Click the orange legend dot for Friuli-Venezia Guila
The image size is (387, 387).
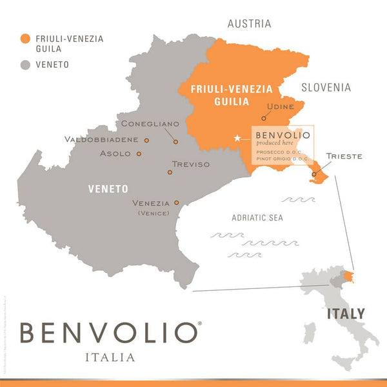click(x=25, y=38)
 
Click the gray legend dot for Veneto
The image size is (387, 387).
click(x=25, y=64)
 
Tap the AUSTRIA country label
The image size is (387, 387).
click(x=249, y=24)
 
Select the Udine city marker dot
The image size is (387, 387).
click(x=264, y=118)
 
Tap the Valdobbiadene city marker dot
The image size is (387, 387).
click(x=146, y=139)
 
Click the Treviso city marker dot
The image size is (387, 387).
click(x=170, y=172)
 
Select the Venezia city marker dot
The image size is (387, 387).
click(x=176, y=202)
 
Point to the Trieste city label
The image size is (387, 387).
click(x=344, y=156)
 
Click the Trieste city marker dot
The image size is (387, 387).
click(x=314, y=174)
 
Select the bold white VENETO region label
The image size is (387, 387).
click(x=108, y=189)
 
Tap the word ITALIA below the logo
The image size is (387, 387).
click(x=110, y=357)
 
